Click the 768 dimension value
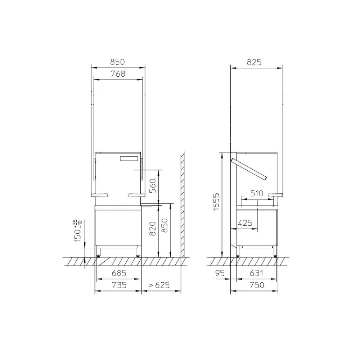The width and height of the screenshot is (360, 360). [118, 74]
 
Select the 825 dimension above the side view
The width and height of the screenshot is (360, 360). [254, 62]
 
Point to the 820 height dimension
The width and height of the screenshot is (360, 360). [153, 229]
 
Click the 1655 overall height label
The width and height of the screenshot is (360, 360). [216, 202]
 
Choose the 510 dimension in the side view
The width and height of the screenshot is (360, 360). [257, 194]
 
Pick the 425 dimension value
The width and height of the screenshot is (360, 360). [245, 223]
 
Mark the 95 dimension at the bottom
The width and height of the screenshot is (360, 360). [220, 273]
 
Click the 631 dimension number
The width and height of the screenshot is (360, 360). [256, 273]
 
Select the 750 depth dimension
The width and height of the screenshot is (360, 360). [256, 285]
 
